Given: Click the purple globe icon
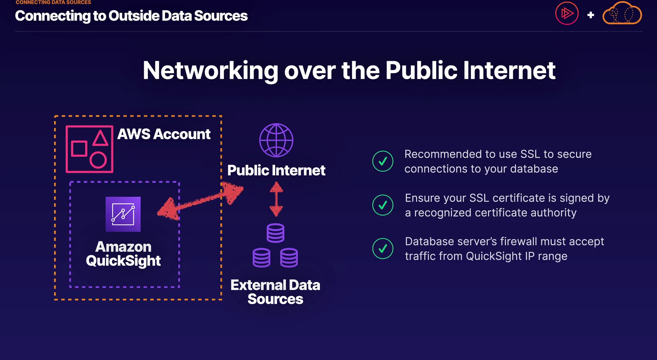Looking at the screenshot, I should point(276,140).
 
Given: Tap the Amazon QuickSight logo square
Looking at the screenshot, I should point(123,214).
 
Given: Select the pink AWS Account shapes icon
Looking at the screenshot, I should point(89,149).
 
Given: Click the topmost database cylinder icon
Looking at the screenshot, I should point(275,233).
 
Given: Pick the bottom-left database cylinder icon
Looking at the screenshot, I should point(261,258).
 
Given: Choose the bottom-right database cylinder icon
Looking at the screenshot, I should point(289,258).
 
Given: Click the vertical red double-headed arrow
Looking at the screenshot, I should point(276,199).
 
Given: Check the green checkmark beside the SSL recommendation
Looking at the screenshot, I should point(383,161).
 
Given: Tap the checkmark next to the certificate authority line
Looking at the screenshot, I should point(383,205).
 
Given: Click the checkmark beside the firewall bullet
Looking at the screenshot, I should point(383,248).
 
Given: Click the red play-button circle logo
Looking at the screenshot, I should point(567,14).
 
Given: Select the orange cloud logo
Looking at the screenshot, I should point(622,14).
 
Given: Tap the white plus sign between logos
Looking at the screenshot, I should point(591,15).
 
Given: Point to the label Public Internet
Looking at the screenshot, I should point(276,170).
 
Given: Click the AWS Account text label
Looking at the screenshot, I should point(164,134).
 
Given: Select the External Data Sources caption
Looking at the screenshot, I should point(275,292).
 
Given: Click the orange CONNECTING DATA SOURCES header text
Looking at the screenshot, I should point(53,2).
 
